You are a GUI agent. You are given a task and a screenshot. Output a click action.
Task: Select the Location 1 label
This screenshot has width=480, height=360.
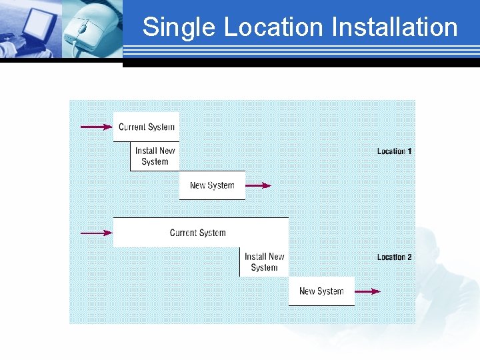394,151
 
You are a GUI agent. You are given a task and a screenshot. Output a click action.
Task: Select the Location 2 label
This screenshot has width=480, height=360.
394,257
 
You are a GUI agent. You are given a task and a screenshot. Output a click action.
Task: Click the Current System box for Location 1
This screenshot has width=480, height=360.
146,127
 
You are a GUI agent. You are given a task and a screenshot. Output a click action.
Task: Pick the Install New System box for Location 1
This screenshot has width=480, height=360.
155,157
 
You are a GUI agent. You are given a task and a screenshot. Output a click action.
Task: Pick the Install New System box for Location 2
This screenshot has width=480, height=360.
264,262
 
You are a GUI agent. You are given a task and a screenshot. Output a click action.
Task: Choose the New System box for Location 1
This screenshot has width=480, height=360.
212,185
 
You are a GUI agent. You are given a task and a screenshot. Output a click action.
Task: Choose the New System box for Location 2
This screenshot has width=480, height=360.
321,291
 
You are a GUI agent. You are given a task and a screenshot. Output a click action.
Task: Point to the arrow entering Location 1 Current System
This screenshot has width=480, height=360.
96,127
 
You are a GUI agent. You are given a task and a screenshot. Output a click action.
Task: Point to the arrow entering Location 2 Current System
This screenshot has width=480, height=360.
96,233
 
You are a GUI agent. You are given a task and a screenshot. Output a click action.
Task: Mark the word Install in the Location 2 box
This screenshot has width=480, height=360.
255,257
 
